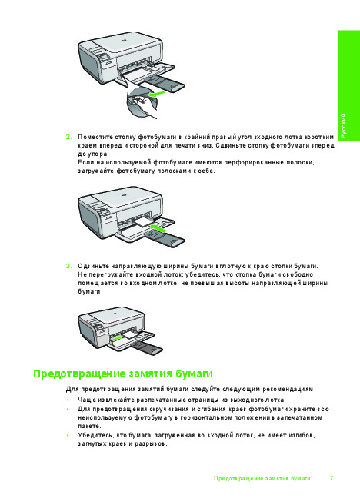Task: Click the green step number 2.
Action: pyautogui.click(x=68, y=138)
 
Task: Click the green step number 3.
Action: pyautogui.click(x=68, y=266)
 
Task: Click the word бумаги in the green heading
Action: pyautogui.click(x=194, y=373)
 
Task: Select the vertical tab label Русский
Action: pyautogui.click(x=344, y=125)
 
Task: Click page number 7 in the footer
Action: pyautogui.click(x=332, y=478)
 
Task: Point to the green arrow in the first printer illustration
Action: pyautogui.click(x=157, y=94)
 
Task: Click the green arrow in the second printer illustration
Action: pyautogui.click(x=158, y=228)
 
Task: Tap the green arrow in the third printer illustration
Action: pyautogui.click(x=118, y=338)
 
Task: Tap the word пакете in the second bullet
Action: pyautogui.click(x=89, y=426)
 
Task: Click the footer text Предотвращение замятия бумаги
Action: pyautogui.click(x=262, y=478)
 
